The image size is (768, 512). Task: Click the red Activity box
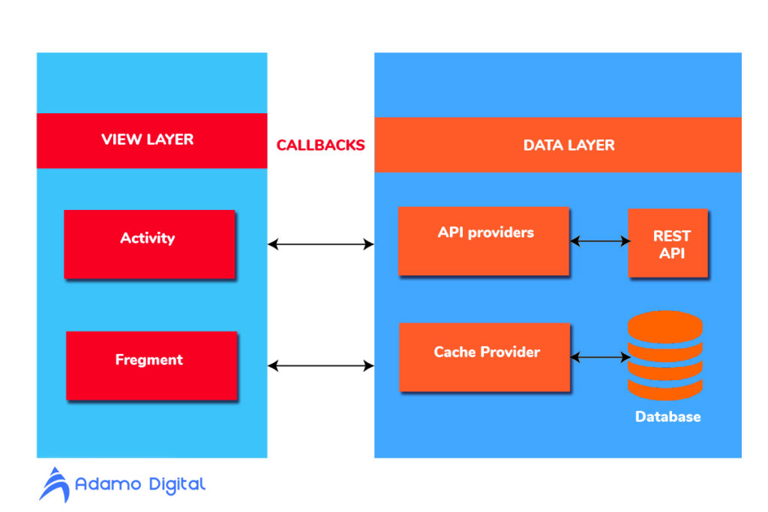pos(149,244)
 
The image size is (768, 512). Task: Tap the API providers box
pos(484,240)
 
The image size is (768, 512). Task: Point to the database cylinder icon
pos(664,355)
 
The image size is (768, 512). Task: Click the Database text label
pos(667,417)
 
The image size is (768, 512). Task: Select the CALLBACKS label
pos(320,145)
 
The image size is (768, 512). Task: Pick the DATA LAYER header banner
pos(557,145)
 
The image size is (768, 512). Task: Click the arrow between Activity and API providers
pos(320,244)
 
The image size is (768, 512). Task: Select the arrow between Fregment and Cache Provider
pos(320,366)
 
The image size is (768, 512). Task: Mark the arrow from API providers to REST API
pos(600,241)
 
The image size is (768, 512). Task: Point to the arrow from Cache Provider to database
pos(600,358)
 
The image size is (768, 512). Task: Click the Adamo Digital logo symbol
pos(54,484)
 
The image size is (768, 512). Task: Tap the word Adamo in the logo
pos(108,485)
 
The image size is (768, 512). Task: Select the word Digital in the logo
pos(175,485)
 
